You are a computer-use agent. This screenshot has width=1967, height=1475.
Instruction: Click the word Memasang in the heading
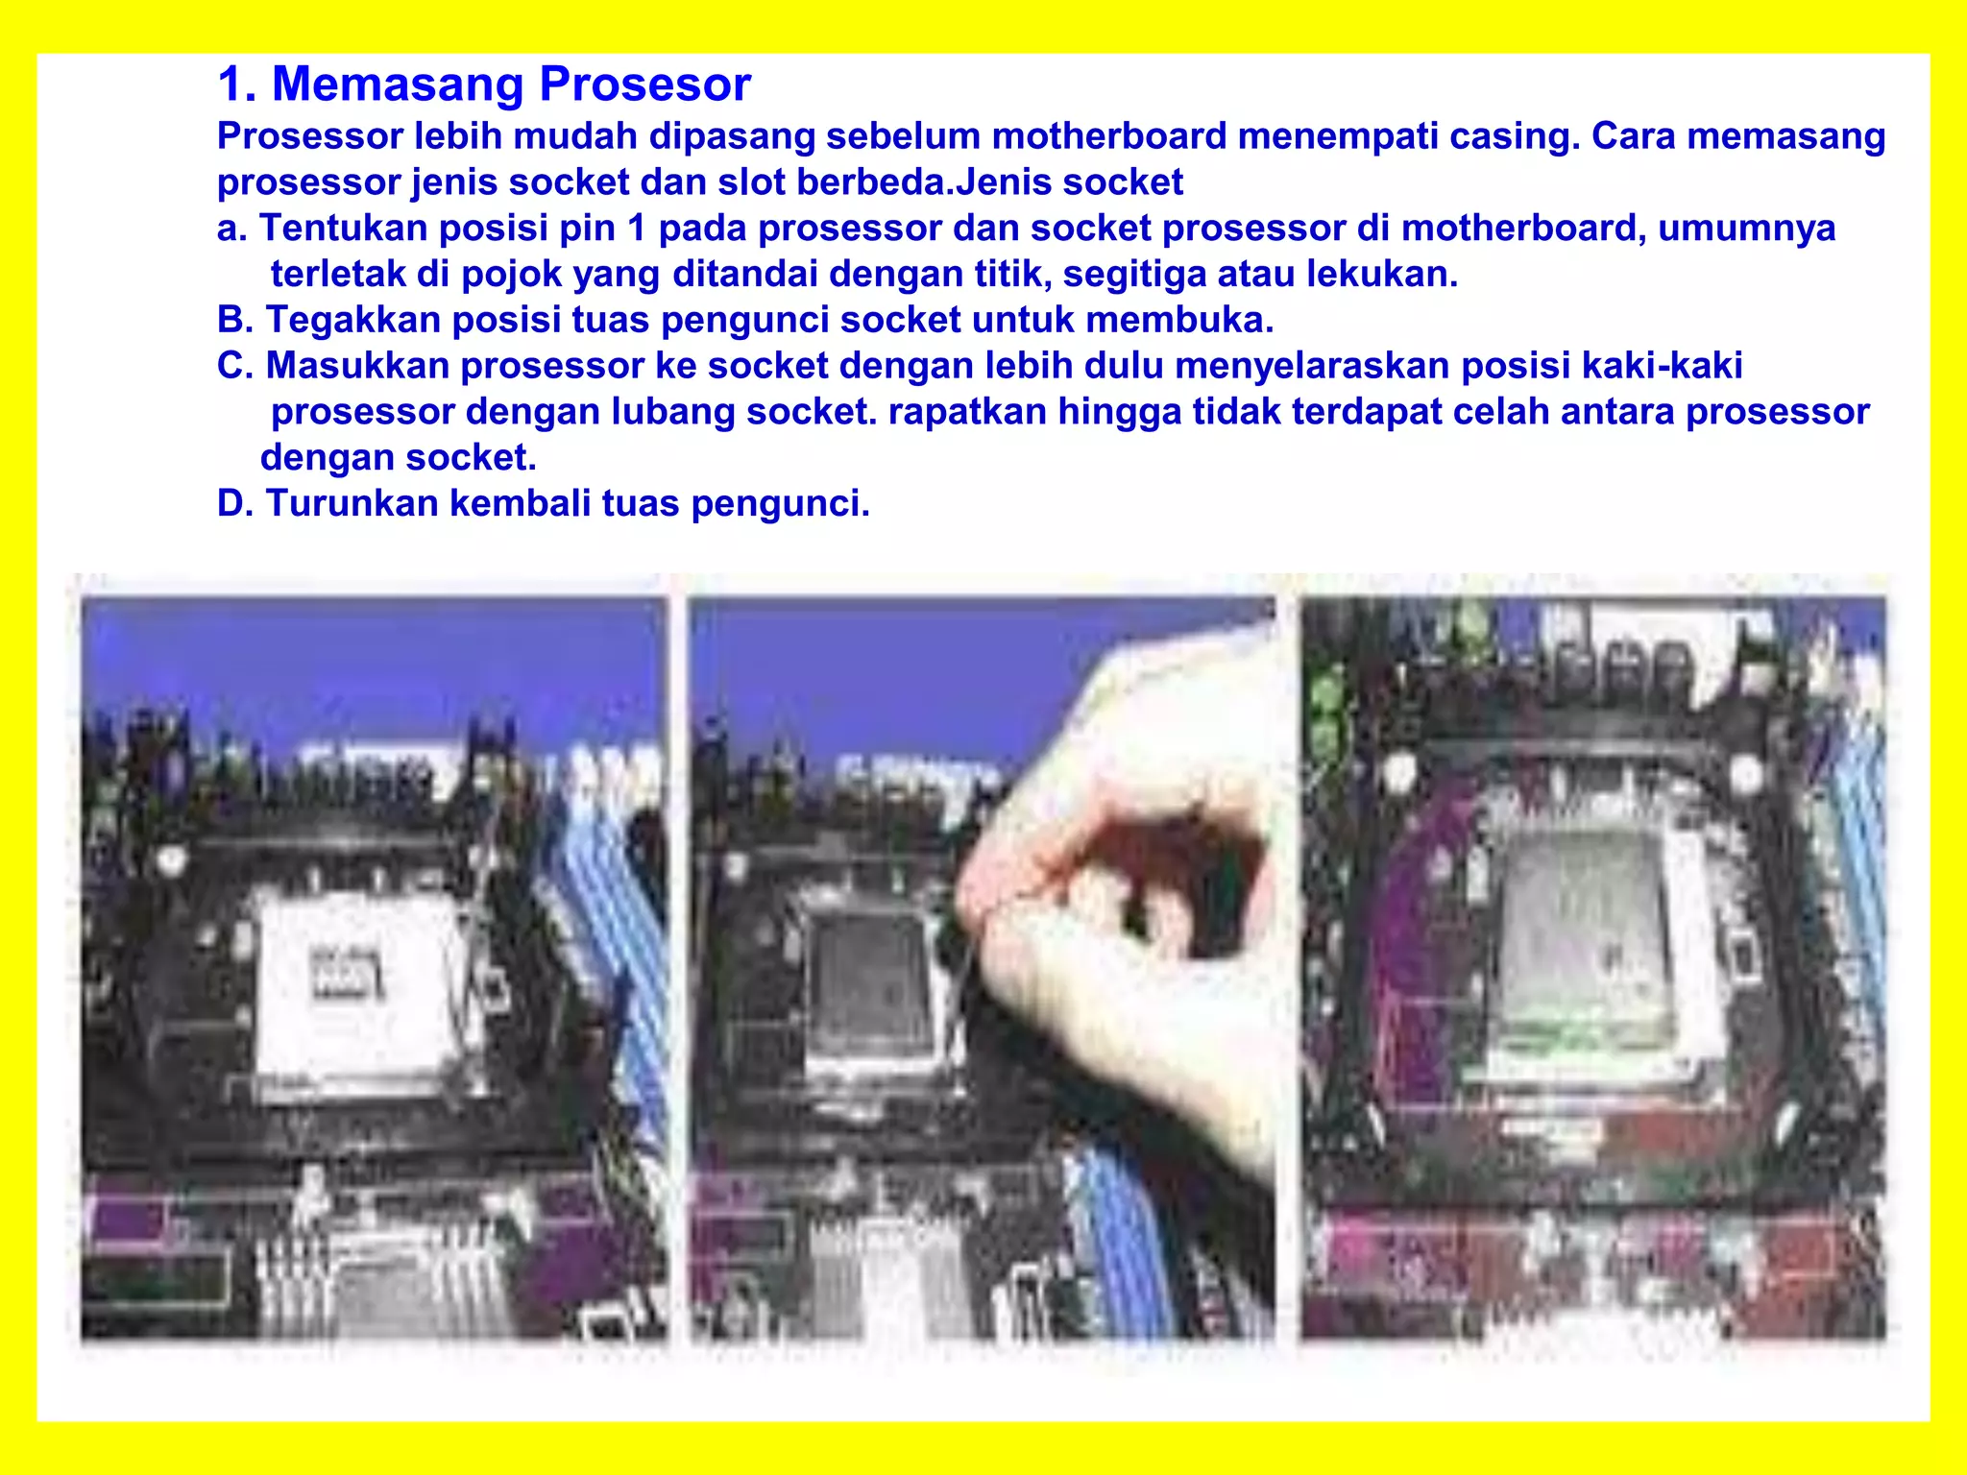pos(398,85)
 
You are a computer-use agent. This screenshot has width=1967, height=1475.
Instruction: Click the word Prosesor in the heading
pos(644,85)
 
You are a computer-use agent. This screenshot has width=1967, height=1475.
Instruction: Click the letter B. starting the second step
pos(234,320)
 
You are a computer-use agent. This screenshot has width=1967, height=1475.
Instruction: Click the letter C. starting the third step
pos(234,366)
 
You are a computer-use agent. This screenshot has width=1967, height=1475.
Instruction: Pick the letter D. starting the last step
pos(234,503)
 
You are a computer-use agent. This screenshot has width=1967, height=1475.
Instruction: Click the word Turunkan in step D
pos(352,503)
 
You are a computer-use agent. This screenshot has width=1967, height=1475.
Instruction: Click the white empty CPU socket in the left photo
pos(355,979)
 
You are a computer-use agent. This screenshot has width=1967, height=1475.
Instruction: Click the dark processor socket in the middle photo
pos(869,984)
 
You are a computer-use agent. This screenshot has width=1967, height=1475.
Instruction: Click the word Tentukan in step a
pos(343,229)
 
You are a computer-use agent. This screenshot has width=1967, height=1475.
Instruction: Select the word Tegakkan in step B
pos(352,320)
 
